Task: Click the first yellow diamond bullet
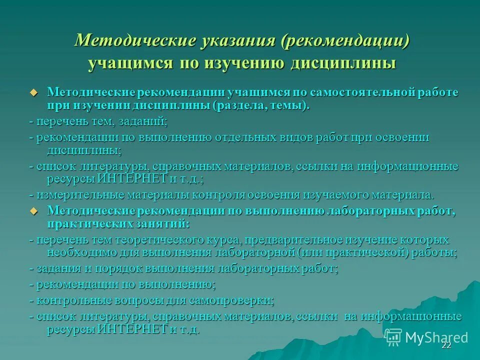click(x=34, y=92)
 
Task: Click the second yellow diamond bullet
click(x=34, y=211)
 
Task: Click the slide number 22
click(x=446, y=346)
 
